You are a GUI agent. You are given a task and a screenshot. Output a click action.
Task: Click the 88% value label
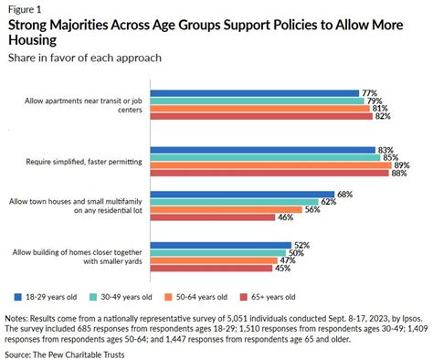click(x=398, y=174)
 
